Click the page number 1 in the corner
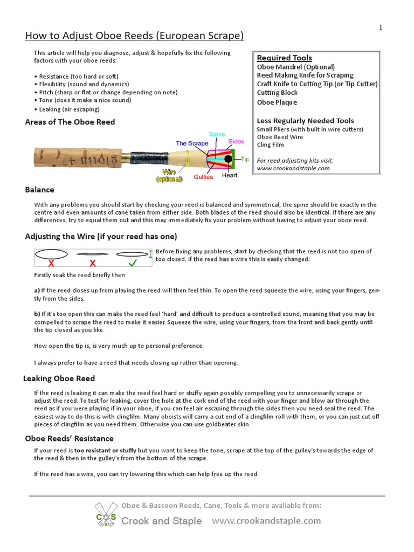(x=381, y=27)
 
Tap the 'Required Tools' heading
(x=284, y=58)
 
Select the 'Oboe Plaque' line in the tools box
(x=277, y=102)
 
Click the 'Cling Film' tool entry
(x=270, y=144)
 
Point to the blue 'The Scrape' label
(x=192, y=143)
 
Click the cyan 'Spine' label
(x=217, y=134)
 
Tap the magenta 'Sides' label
(x=236, y=142)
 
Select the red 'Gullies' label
(x=204, y=177)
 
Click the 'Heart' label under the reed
(x=230, y=175)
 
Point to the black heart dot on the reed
(x=229, y=159)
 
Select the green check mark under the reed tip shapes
(x=132, y=263)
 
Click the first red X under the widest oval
(x=51, y=263)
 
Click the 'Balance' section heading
(x=39, y=190)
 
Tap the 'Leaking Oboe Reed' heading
(x=59, y=378)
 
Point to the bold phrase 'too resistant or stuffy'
(x=106, y=450)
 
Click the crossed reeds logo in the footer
(x=106, y=515)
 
